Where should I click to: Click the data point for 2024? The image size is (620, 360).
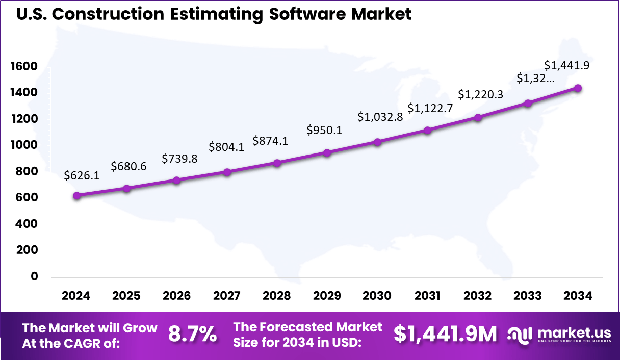76,196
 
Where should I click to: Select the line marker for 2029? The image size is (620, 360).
327,152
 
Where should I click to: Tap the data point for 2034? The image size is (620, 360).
578,88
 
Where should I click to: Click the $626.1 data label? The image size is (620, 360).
82,175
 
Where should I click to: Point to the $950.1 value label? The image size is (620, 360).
324,130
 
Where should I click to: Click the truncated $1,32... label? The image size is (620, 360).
535,78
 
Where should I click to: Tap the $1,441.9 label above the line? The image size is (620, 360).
567,65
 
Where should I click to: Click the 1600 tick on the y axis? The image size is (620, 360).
23,66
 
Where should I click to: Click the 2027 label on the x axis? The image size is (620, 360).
227,296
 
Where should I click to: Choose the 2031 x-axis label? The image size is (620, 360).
428,296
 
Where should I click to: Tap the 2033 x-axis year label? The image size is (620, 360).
528,296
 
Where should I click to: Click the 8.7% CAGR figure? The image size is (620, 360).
192,334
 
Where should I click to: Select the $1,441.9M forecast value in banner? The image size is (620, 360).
445,334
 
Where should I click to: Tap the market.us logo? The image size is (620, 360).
559,334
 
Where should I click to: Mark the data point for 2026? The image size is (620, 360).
177,181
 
